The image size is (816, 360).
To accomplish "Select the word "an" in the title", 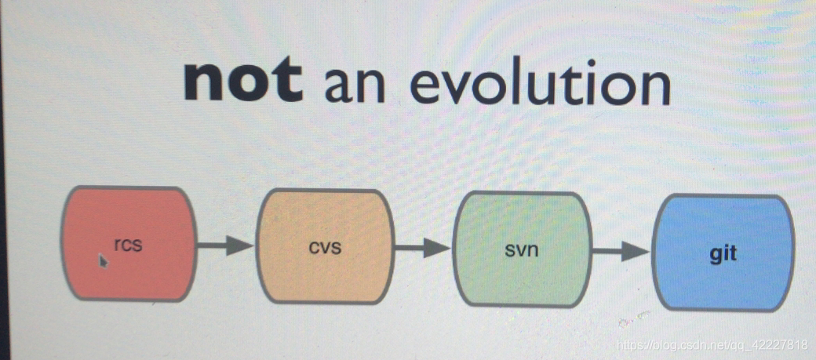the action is click(x=355, y=85).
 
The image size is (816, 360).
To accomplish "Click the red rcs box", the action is click(x=129, y=243).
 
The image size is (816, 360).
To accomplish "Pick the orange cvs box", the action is click(x=326, y=246).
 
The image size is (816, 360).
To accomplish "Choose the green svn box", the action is click(x=523, y=249).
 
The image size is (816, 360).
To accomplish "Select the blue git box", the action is click(x=723, y=253).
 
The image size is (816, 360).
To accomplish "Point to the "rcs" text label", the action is click(x=128, y=245).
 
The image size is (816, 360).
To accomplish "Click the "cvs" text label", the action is click(x=326, y=247).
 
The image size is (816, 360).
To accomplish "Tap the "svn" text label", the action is click(x=522, y=250).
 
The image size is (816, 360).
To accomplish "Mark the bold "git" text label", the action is click(x=723, y=254).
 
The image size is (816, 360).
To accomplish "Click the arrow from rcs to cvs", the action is click(x=226, y=245).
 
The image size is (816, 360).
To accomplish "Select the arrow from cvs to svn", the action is click(x=423, y=248).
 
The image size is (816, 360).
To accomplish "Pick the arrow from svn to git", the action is click(x=621, y=251).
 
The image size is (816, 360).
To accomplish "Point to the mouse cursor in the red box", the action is click(x=103, y=260).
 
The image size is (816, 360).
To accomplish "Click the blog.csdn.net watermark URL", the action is click(x=711, y=345).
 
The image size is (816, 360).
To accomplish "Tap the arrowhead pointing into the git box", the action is click(x=637, y=252).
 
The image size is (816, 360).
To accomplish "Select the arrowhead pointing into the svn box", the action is click(x=438, y=248).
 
